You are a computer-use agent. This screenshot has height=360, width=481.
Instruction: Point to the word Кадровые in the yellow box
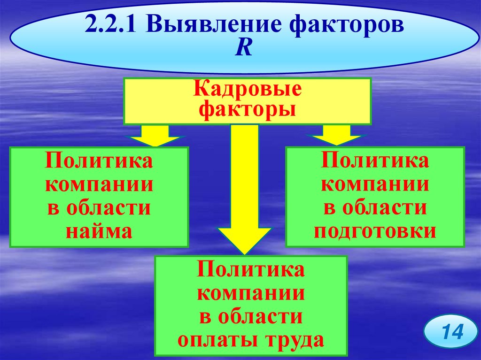click(x=248, y=89)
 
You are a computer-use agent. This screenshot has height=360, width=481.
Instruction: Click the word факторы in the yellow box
click(x=248, y=109)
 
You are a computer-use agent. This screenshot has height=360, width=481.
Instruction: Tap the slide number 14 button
click(x=449, y=332)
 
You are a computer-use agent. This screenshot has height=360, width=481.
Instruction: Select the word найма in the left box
click(x=99, y=231)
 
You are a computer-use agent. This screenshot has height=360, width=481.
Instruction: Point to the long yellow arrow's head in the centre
click(x=244, y=239)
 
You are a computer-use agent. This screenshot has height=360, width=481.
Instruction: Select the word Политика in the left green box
click(x=99, y=162)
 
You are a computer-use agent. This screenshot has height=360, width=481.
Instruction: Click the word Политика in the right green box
click(x=375, y=161)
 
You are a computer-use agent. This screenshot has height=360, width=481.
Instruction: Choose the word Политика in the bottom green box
click(x=251, y=271)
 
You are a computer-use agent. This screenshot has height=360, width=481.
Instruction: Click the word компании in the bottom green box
click(x=251, y=294)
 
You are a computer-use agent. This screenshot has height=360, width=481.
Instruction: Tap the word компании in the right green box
click(x=375, y=184)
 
